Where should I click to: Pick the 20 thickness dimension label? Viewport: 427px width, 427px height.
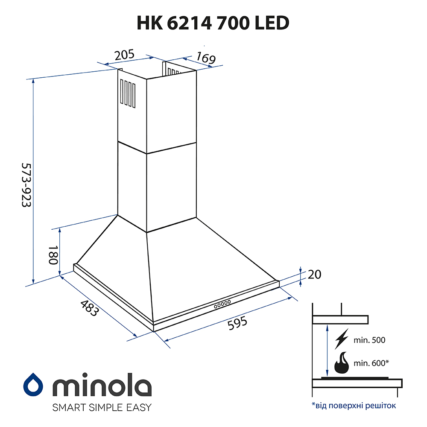(x=314, y=275)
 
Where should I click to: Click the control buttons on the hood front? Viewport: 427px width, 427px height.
(x=222, y=304)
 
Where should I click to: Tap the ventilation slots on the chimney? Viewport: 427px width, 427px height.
(x=128, y=92)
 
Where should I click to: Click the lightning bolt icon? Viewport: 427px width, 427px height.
(x=342, y=340)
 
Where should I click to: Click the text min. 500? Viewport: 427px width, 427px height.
(x=369, y=340)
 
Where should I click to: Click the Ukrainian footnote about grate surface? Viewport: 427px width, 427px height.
(x=354, y=405)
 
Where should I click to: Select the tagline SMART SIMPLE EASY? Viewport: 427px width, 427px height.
(x=102, y=407)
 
